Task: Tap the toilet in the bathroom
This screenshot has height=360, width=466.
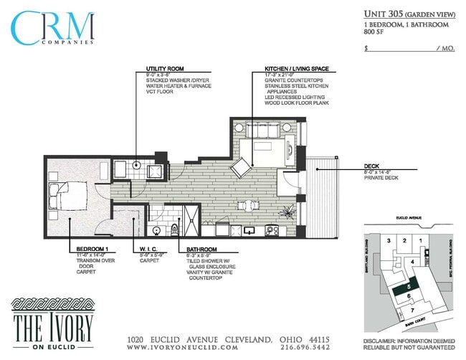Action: [x=174, y=229]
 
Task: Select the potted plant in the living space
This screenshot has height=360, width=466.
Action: [x=287, y=212]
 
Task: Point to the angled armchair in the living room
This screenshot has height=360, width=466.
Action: [x=242, y=166]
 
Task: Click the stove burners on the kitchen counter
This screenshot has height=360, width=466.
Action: [x=272, y=230]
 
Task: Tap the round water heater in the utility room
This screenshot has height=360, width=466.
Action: [x=138, y=165]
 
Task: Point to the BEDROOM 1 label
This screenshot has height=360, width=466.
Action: [x=92, y=249]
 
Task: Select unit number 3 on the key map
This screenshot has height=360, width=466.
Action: [x=389, y=240]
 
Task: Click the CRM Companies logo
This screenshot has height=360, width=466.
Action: [x=52, y=29]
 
